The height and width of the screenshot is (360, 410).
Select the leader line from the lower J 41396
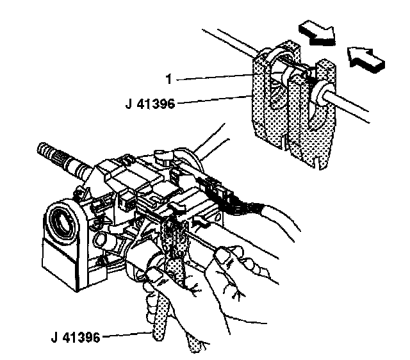point(128,334)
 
